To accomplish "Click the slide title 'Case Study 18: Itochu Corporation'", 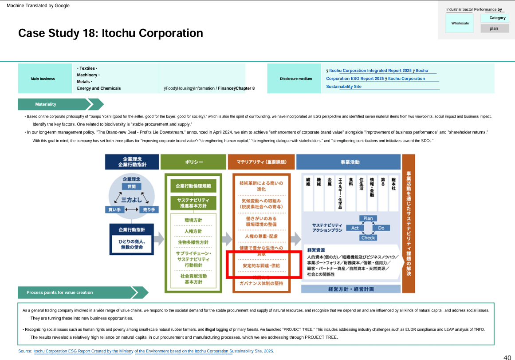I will (110, 33).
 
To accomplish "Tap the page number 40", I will (507, 357).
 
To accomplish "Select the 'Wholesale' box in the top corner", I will (460, 23).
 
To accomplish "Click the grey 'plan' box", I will (494, 28).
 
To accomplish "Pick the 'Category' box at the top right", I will (497, 18).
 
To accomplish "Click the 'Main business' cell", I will (43, 79).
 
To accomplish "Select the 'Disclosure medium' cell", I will (296, 79).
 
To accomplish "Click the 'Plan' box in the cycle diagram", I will (368, 218).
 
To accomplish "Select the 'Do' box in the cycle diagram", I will (381, 228).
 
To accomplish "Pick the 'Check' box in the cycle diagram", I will (368, 237).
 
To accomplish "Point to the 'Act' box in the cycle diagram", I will (355, 228).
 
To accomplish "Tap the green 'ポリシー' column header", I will (191, 162).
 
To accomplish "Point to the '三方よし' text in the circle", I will (132, 199).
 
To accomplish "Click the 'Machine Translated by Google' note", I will (38, 6).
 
